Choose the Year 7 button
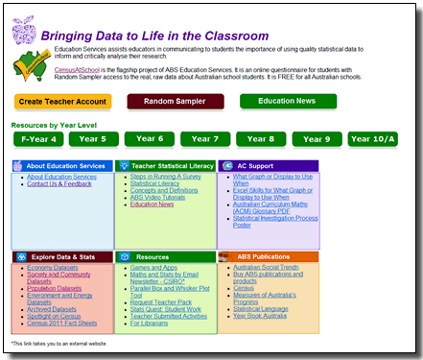pyautogui.click(x=204, y=139)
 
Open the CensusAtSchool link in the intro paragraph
pyautogui.click(x=80, y=71)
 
